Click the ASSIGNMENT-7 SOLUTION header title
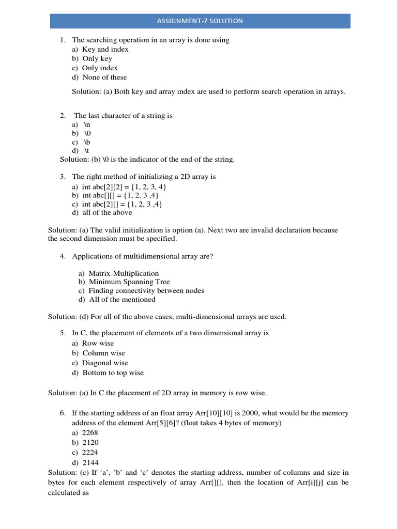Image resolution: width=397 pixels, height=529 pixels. [x=200, y=21]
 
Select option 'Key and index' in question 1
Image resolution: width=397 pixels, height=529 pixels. [x=105, y=49]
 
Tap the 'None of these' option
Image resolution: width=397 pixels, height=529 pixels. [x=104, y=77]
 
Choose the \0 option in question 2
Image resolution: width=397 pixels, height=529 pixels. [x=87, y=133]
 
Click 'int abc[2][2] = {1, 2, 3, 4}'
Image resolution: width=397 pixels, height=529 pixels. [x=124, y=186]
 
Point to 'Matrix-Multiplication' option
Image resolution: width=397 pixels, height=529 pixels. [x=124, y=273]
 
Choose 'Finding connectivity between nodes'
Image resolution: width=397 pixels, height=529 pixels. [x=146, y=291]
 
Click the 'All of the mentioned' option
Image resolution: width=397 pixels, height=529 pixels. [x=122, y=300]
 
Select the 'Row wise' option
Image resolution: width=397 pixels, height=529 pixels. [x=98, y=343]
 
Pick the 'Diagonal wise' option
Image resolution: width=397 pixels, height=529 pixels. [x=105, y=363]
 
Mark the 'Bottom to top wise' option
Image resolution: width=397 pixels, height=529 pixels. [x=113, y=372]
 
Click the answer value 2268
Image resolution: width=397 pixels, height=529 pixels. [x=90, y=432]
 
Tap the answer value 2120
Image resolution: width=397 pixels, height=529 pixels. [x=90, y=443]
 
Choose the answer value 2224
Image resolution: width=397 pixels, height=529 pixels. [x=90, y=453]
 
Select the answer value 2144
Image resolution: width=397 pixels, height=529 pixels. [x=90, y=462]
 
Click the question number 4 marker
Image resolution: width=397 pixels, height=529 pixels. [x=63, y=256]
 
